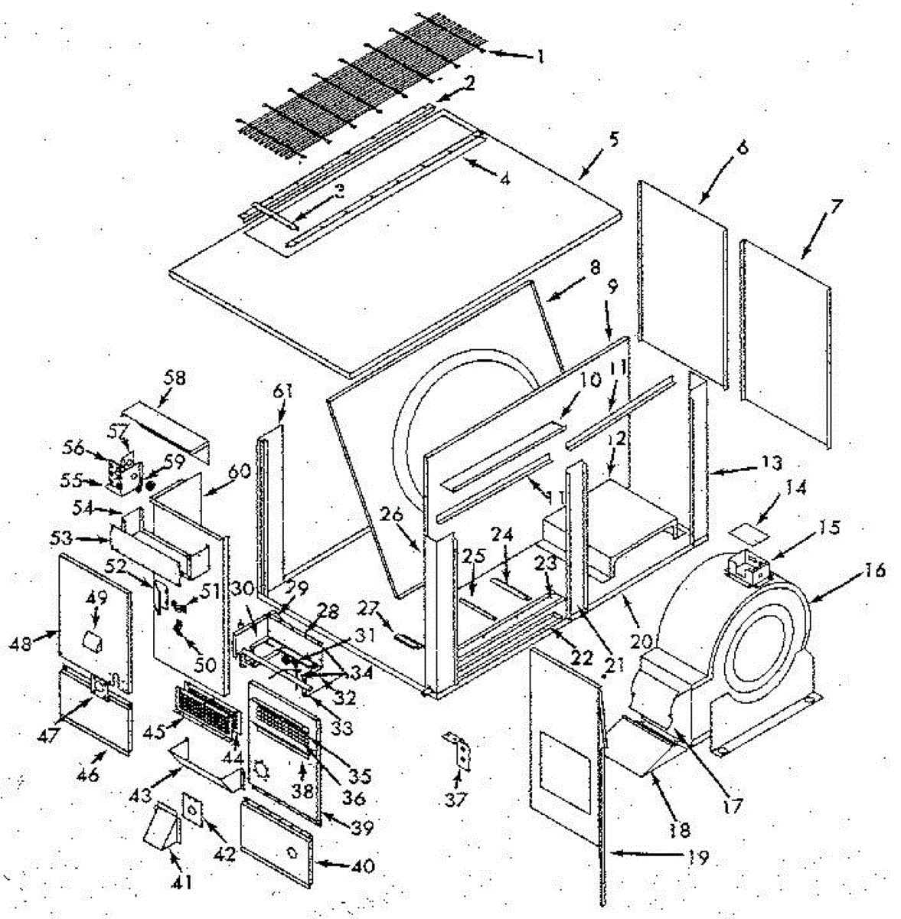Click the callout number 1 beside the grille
point(540,56)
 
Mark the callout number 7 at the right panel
point(836,207)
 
